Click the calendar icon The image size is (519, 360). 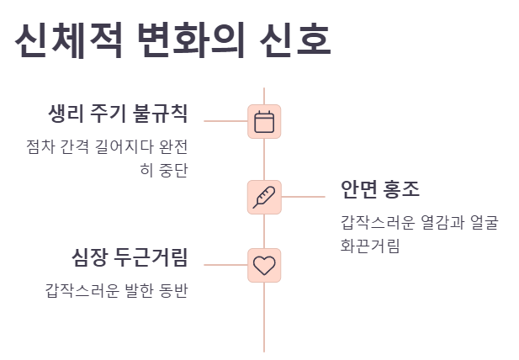(264, 121)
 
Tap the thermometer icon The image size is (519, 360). (264, 197)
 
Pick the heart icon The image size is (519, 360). (264, 265)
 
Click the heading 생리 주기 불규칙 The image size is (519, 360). (118, 114)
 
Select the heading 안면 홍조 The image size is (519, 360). (380, 188)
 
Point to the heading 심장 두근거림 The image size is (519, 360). (130, 257)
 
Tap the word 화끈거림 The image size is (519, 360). (369, 246)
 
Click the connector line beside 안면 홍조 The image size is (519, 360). (303, 197)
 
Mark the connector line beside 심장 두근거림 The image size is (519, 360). (225, 265)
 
